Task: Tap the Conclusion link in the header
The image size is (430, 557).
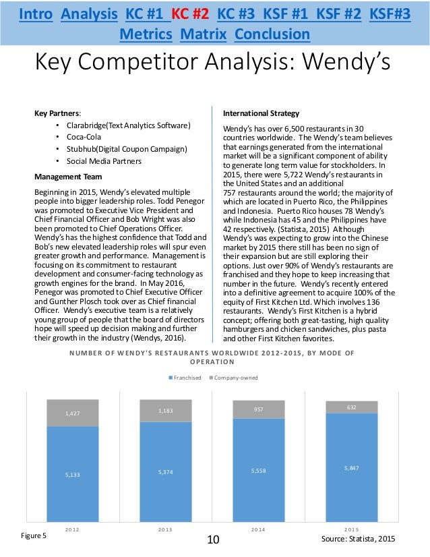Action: [273, 34]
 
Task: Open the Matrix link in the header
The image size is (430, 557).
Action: [207, 34]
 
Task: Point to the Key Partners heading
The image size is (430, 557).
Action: [57, 113]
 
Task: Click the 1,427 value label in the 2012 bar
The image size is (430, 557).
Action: [72, 413]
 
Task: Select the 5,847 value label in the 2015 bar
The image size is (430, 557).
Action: [351, 467]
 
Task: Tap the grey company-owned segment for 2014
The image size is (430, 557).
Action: [258, 409]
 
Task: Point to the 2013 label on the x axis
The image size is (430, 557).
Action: [165, 530]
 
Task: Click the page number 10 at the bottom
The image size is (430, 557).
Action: [214, 539]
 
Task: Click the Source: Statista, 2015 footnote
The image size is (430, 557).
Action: [359, 539]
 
